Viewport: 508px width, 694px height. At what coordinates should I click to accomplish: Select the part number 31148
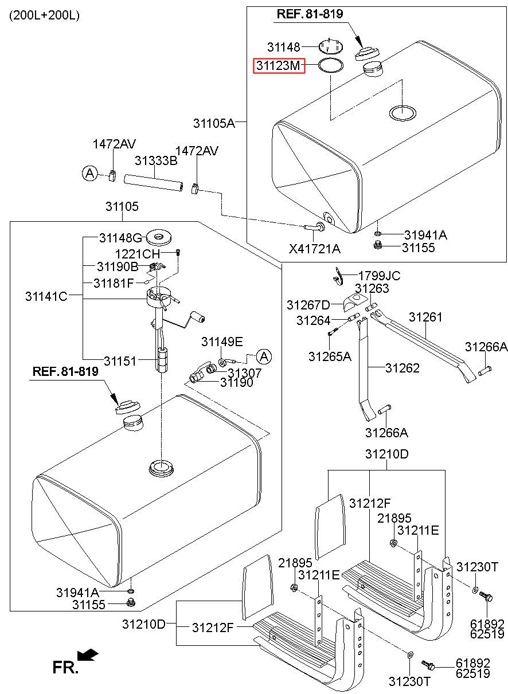pos(284,46)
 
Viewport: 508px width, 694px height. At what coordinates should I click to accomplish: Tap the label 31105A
pos(214,123)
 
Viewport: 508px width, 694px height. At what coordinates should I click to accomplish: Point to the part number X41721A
pos(315,248)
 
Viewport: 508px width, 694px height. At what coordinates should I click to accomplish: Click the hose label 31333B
pos(156,160)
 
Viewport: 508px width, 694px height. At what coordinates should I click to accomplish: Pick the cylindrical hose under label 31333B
pos(153,183)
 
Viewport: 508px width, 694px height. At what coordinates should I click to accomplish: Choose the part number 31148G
pos(120,237)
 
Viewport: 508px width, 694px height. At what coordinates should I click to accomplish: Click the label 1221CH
pos(138,253)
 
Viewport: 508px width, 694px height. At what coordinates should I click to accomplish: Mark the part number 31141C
pos(46,296)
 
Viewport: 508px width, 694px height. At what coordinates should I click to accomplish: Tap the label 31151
pos(120,360)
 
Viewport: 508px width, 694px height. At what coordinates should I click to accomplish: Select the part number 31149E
pos(222,342)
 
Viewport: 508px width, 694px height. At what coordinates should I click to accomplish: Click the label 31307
pos(244,373)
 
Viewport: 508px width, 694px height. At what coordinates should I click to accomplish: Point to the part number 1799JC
pos(379,276)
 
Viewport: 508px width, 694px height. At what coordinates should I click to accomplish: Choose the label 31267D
pos(308,304)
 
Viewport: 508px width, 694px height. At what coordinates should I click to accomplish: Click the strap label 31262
pos(403,368)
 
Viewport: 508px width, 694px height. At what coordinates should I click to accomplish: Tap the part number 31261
pos(425,316)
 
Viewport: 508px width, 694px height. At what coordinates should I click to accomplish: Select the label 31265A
pos(330,356)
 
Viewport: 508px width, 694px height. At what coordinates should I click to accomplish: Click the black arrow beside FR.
pos(88,654)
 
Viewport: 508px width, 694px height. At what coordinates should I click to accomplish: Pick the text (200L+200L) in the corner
pos(44,15)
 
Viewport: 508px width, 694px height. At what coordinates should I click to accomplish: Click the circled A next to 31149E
pos(263,356)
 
